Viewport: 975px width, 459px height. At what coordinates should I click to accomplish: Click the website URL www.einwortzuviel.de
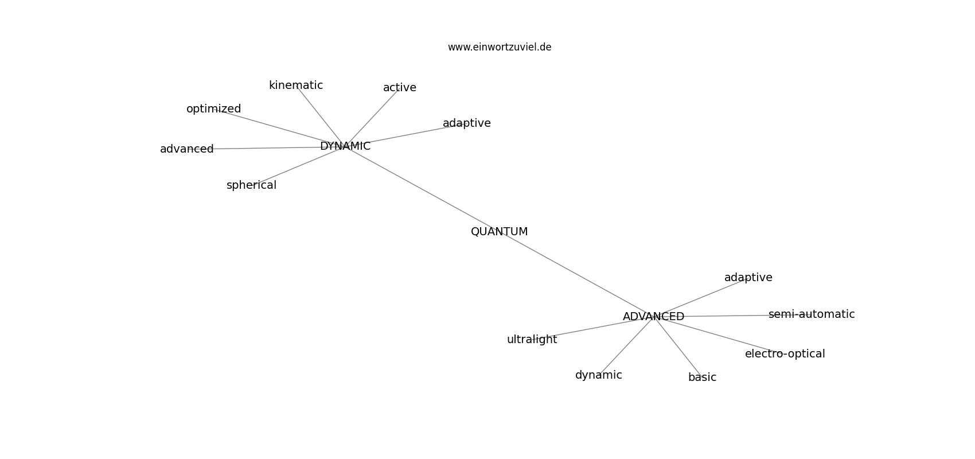pos(499,47)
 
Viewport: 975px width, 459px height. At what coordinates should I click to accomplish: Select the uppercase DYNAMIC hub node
pos(345,146)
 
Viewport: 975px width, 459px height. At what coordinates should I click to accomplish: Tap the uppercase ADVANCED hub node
pos(653,317)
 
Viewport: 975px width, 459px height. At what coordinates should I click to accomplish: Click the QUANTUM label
pos(499,232)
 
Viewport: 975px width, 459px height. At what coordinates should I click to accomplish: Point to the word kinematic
pos(296,85)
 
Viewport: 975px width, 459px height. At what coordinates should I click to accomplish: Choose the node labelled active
pos(400,88)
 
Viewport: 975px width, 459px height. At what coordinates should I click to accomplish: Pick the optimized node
pos(214,109)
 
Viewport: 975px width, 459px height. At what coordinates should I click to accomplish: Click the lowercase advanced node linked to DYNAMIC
pos(187,149)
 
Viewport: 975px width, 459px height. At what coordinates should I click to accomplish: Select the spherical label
pos(252,185)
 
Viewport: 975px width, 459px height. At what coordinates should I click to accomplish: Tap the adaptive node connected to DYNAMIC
pos(467,123)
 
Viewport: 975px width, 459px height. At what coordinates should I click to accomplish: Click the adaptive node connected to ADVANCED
pos(748,277)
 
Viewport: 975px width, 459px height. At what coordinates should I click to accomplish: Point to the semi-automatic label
pos(812,314)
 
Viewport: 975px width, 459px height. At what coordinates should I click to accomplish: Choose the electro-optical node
pos(785,354)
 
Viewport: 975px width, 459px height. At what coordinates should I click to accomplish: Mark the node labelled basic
pos(702,378)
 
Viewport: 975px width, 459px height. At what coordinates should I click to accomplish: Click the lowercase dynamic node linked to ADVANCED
pos(599,375)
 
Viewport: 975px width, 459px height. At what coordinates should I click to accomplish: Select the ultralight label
pos(532,340)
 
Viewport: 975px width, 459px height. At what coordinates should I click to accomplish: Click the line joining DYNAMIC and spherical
pos(299,166)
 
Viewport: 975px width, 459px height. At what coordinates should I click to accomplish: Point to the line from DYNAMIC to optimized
pos(279,127)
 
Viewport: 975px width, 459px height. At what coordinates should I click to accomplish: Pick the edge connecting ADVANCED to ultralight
pos(593,328)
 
